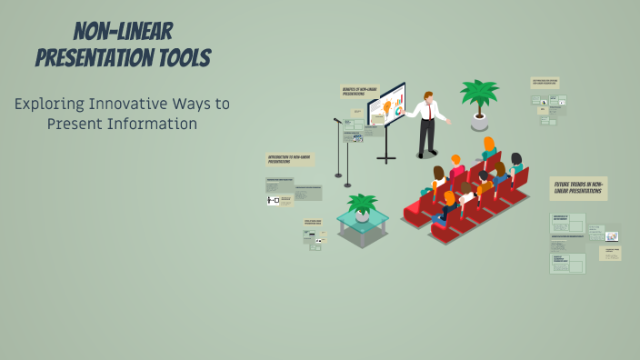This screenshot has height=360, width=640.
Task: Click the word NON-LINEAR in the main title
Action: click(124, 31)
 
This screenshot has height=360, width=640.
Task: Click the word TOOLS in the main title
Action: click(179, 59)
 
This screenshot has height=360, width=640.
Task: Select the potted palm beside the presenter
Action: click(479, 95)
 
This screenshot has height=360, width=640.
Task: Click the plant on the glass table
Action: click(362, 204)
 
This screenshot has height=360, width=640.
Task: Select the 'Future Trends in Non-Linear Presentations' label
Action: click(578, 188)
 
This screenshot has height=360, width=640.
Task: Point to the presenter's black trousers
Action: click(425, 135)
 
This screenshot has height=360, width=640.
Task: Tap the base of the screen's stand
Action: click(386, 159)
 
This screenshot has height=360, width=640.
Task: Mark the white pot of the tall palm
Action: click(479, 119)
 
